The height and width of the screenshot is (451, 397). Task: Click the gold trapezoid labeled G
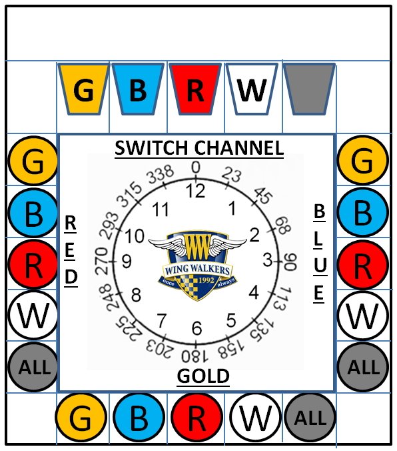pyautogui.click(x=83, y=89)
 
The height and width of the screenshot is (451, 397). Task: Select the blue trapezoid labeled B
pyautogui.click(x=138, y=89)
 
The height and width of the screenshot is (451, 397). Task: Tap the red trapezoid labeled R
pyautogui.click(x=195, y=89)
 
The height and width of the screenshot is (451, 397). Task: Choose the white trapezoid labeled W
pyautogui.click(x=252, y=89)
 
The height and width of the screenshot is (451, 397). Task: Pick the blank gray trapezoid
pyautogui.click(x=309, y=89)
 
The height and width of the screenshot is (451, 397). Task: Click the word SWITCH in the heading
pyautogui.click(x=151, y=148)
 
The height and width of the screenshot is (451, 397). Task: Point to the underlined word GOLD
pyautogui.click(x=203, y=376)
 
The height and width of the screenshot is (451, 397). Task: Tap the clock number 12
pyautogui.click(x=196, y=190)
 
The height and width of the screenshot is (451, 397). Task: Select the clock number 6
pyautogui.click(x=197, y=328)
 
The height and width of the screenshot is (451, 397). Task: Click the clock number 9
pyautogui.click(x=127, y=262)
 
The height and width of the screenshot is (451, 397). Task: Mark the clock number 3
pyautogui.click(x=268, y=260)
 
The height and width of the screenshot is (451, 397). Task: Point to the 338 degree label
pyautogui.click(x=161, y=175)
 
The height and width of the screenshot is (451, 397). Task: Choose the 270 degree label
pyautogui.click(x=101, y=261)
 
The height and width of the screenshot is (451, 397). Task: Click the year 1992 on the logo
pyautogui.click(x=206, y=280)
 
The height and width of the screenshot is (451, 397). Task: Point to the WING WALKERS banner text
pyautogui.click(x=197, y=270)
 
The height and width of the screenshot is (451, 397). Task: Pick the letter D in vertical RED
pyautogui.click(x=71, y=277)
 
